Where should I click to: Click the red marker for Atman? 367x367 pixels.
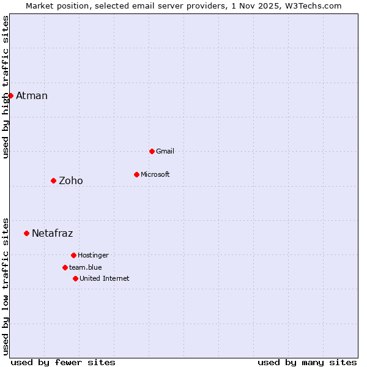click(x=10, y=95)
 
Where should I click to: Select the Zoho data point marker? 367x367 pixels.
click(x=53, y=180)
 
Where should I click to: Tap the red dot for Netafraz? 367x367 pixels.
click(x=26, y=233)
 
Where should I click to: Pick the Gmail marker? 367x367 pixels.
click(x=152, y=151)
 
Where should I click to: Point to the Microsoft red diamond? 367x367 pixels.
click(x=136, y=174)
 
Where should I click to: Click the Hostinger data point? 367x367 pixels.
click(x=73, y=255)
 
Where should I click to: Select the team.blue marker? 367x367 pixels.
click(x=65, y=267)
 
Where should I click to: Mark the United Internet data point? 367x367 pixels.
click(x=75, y=278)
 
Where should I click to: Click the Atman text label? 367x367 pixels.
click(x=32, y=95)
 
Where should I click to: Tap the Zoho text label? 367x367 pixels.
click(x=71, y=180)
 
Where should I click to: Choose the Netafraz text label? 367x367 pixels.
click(x=53, y=233)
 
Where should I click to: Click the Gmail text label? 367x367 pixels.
click(x=165, y=151)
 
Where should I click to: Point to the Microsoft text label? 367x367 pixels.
click(x=155, y=174)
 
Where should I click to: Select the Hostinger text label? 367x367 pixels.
click(x=94, y=255)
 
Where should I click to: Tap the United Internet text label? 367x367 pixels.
click(x=105, y=278)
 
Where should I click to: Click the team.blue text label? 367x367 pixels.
click(x=86, y=267)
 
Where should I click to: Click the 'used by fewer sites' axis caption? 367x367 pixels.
click(x=63, y=362)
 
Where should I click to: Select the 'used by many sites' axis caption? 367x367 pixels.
click(x=307, y=362)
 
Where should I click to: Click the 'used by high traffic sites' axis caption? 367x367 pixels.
click(x=6, y=87)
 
